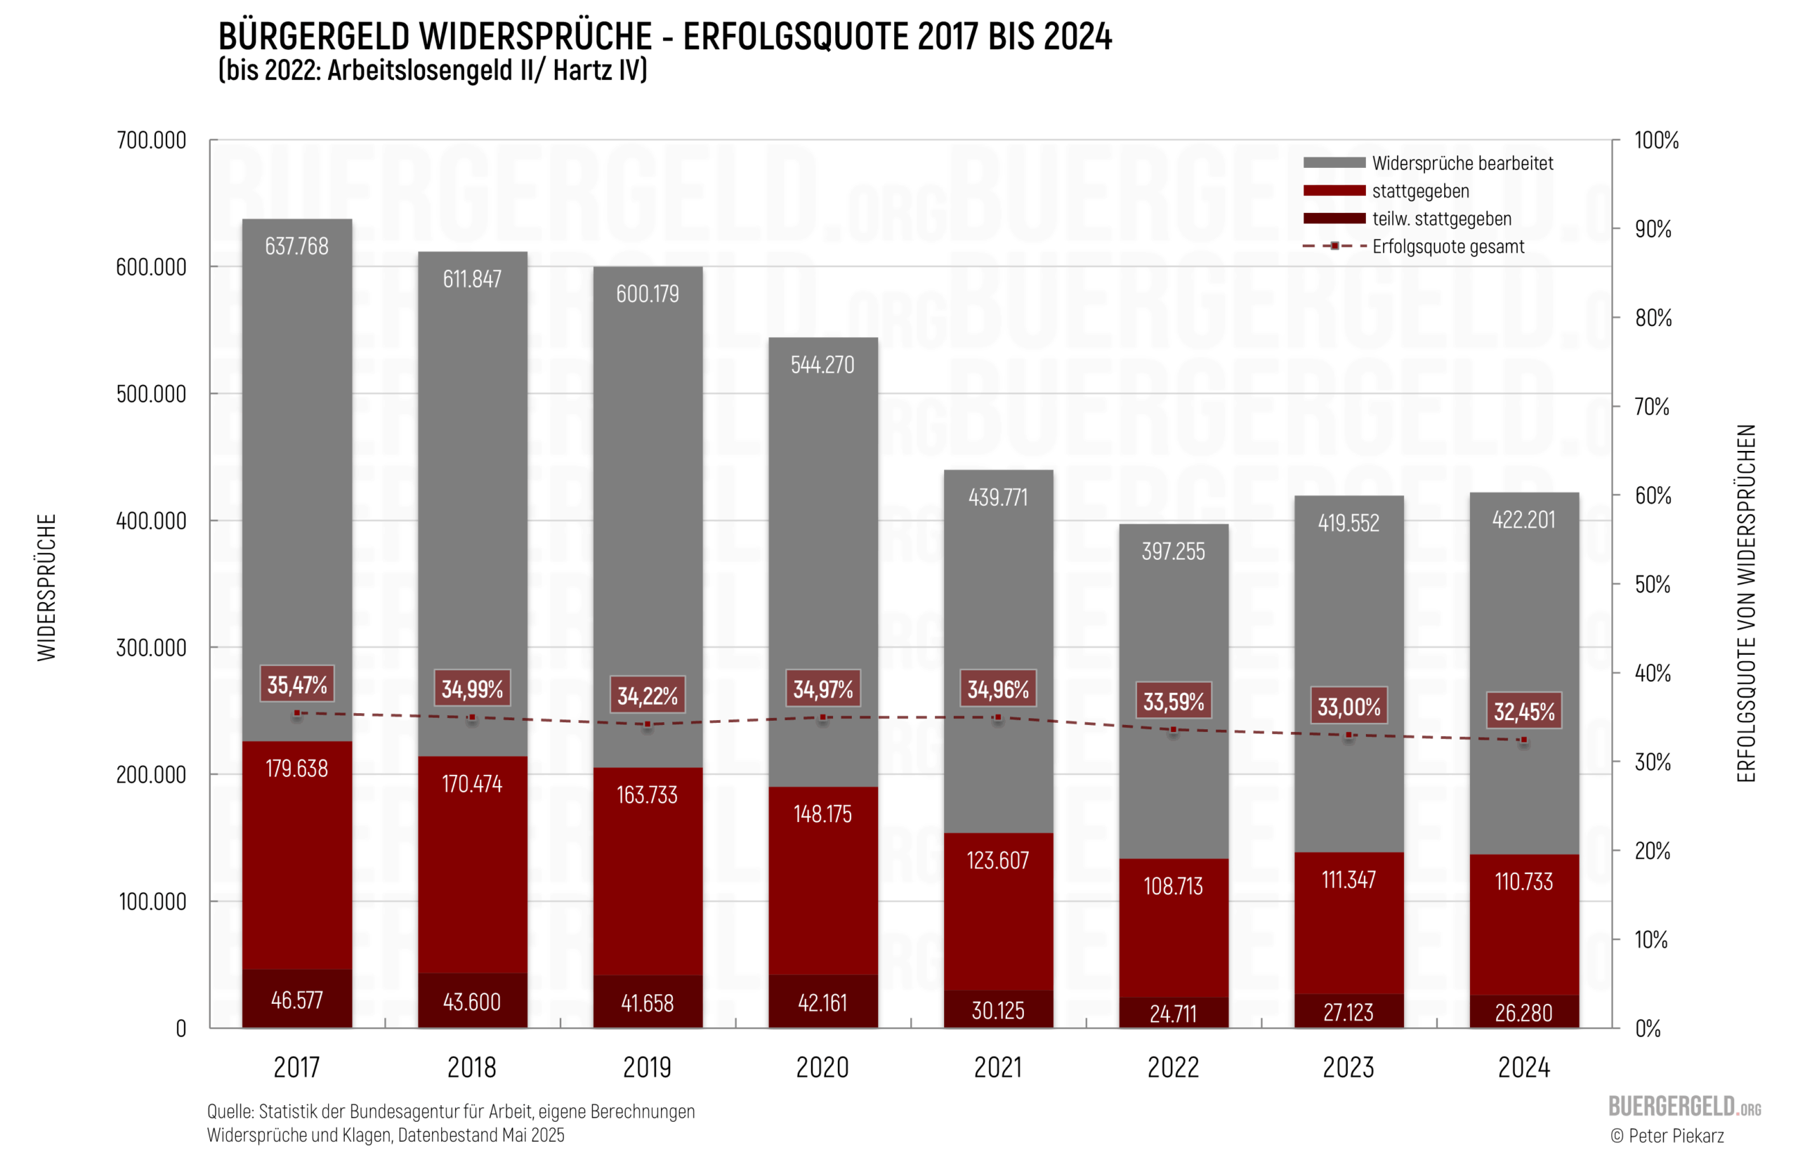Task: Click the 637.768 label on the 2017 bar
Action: pos(296,246)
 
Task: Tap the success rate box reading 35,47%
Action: pos(297,684)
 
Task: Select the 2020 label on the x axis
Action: pos(822,1068)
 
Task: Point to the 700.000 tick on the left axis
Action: pos(151,141)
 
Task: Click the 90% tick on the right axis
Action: pos(1653,230)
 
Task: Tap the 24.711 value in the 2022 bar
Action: pos(1173,1013)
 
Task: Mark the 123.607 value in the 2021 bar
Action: pos(998,860)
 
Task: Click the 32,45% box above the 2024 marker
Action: pos(1523,711)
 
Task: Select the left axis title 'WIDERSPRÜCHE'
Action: pos(47,588)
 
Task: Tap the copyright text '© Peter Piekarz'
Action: pos(1667,1135)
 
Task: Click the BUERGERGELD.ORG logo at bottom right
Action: pos(1684,1106)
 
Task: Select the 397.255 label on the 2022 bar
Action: pos(1173,551)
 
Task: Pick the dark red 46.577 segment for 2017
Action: pos(296,1000)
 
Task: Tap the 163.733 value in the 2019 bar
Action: pos(647,795)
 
